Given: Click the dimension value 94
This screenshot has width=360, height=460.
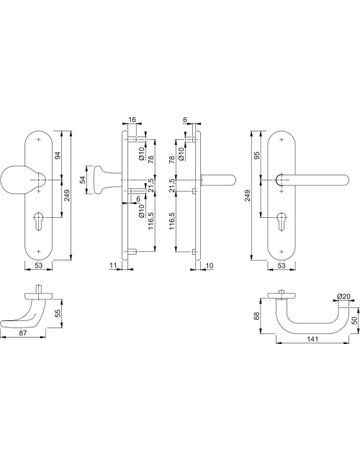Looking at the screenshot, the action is (x=57, y=155).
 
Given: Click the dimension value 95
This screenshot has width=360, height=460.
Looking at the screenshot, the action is (x=257, y=155).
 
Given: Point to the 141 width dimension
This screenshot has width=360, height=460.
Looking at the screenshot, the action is (x=313, y=339).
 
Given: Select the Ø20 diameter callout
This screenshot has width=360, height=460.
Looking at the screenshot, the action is (x=343, y=296).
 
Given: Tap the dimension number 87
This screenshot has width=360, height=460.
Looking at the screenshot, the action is (x=22, y=333).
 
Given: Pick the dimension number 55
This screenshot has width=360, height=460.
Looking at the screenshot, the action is (x=57, y=313).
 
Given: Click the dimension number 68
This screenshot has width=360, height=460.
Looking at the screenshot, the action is (x=257, y=316).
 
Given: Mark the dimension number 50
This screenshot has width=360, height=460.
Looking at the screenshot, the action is (x=355, y=320).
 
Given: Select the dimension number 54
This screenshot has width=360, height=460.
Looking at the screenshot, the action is (x=83, y=180).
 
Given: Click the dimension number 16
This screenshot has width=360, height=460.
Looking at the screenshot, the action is (x=132, y=119).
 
